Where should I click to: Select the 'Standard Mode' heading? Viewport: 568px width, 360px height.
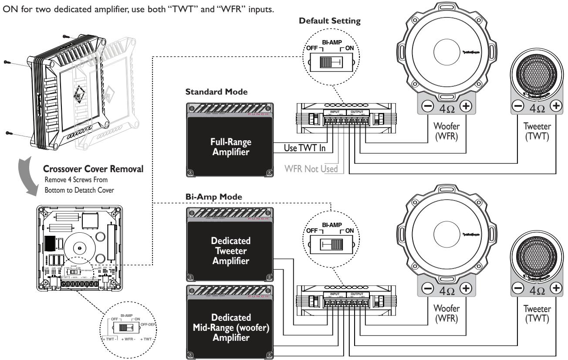[210, 93]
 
